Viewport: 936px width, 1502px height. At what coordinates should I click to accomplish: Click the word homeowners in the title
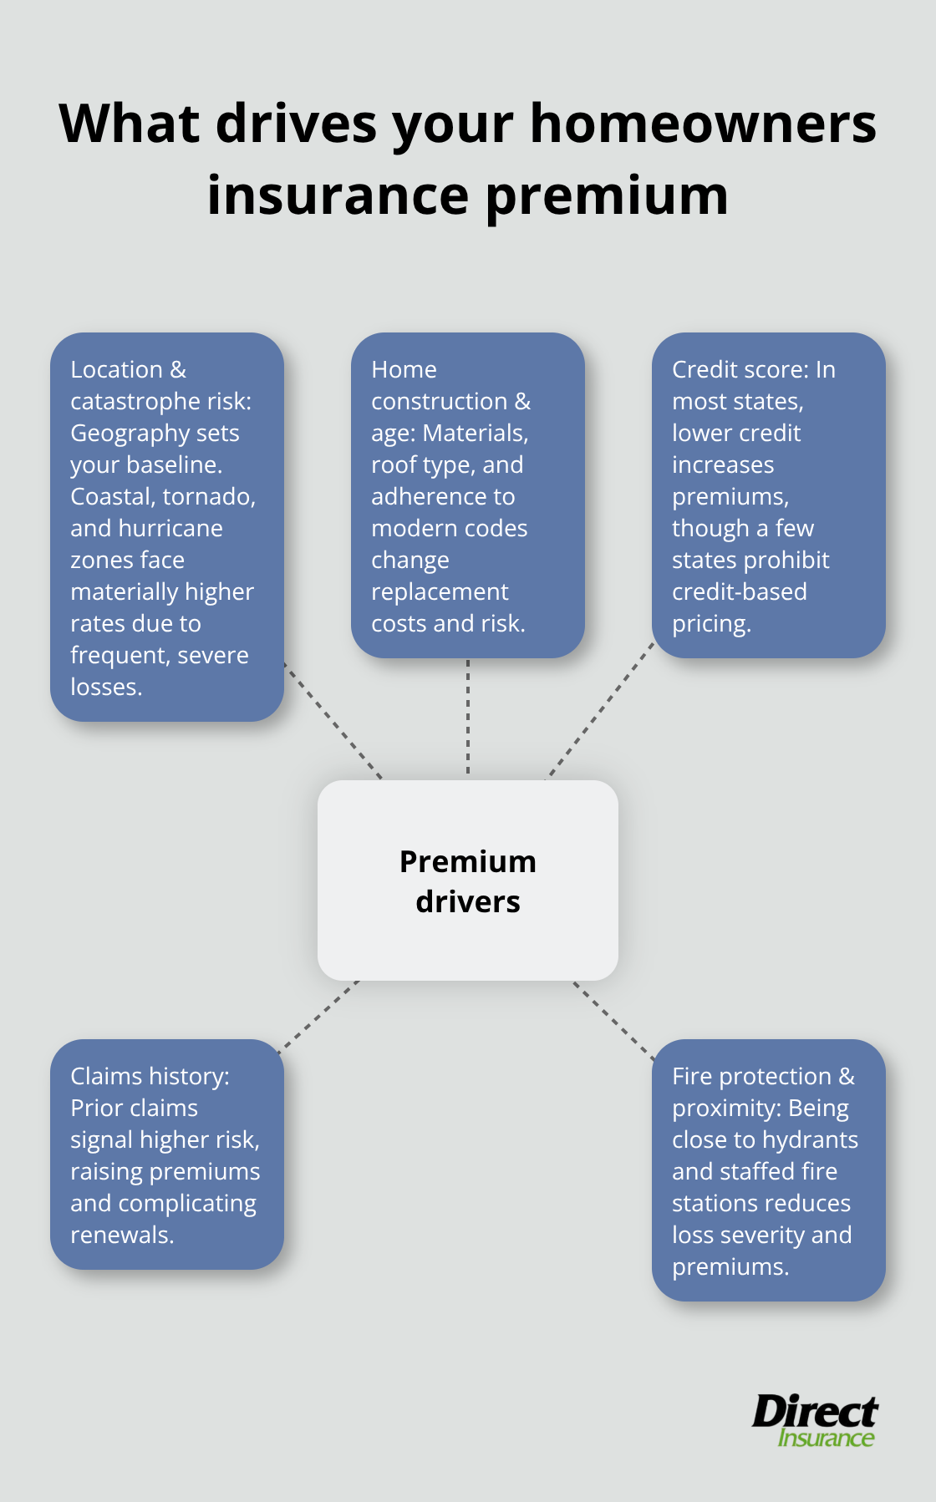703,124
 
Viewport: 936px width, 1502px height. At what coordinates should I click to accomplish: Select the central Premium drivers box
468,880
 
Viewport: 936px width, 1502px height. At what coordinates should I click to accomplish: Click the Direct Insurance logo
815,1421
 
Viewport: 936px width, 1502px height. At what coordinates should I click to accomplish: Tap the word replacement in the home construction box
440,592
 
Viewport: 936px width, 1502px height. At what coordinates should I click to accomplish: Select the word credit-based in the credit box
740,592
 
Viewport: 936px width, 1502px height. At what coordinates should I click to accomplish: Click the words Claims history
150,1077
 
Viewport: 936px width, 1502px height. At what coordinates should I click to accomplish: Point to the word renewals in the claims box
121,1236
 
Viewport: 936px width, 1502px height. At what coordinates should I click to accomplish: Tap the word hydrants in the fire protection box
810,1140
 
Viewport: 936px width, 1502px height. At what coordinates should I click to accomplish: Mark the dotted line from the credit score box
601,711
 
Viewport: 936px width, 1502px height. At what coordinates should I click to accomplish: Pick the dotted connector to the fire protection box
614,1021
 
